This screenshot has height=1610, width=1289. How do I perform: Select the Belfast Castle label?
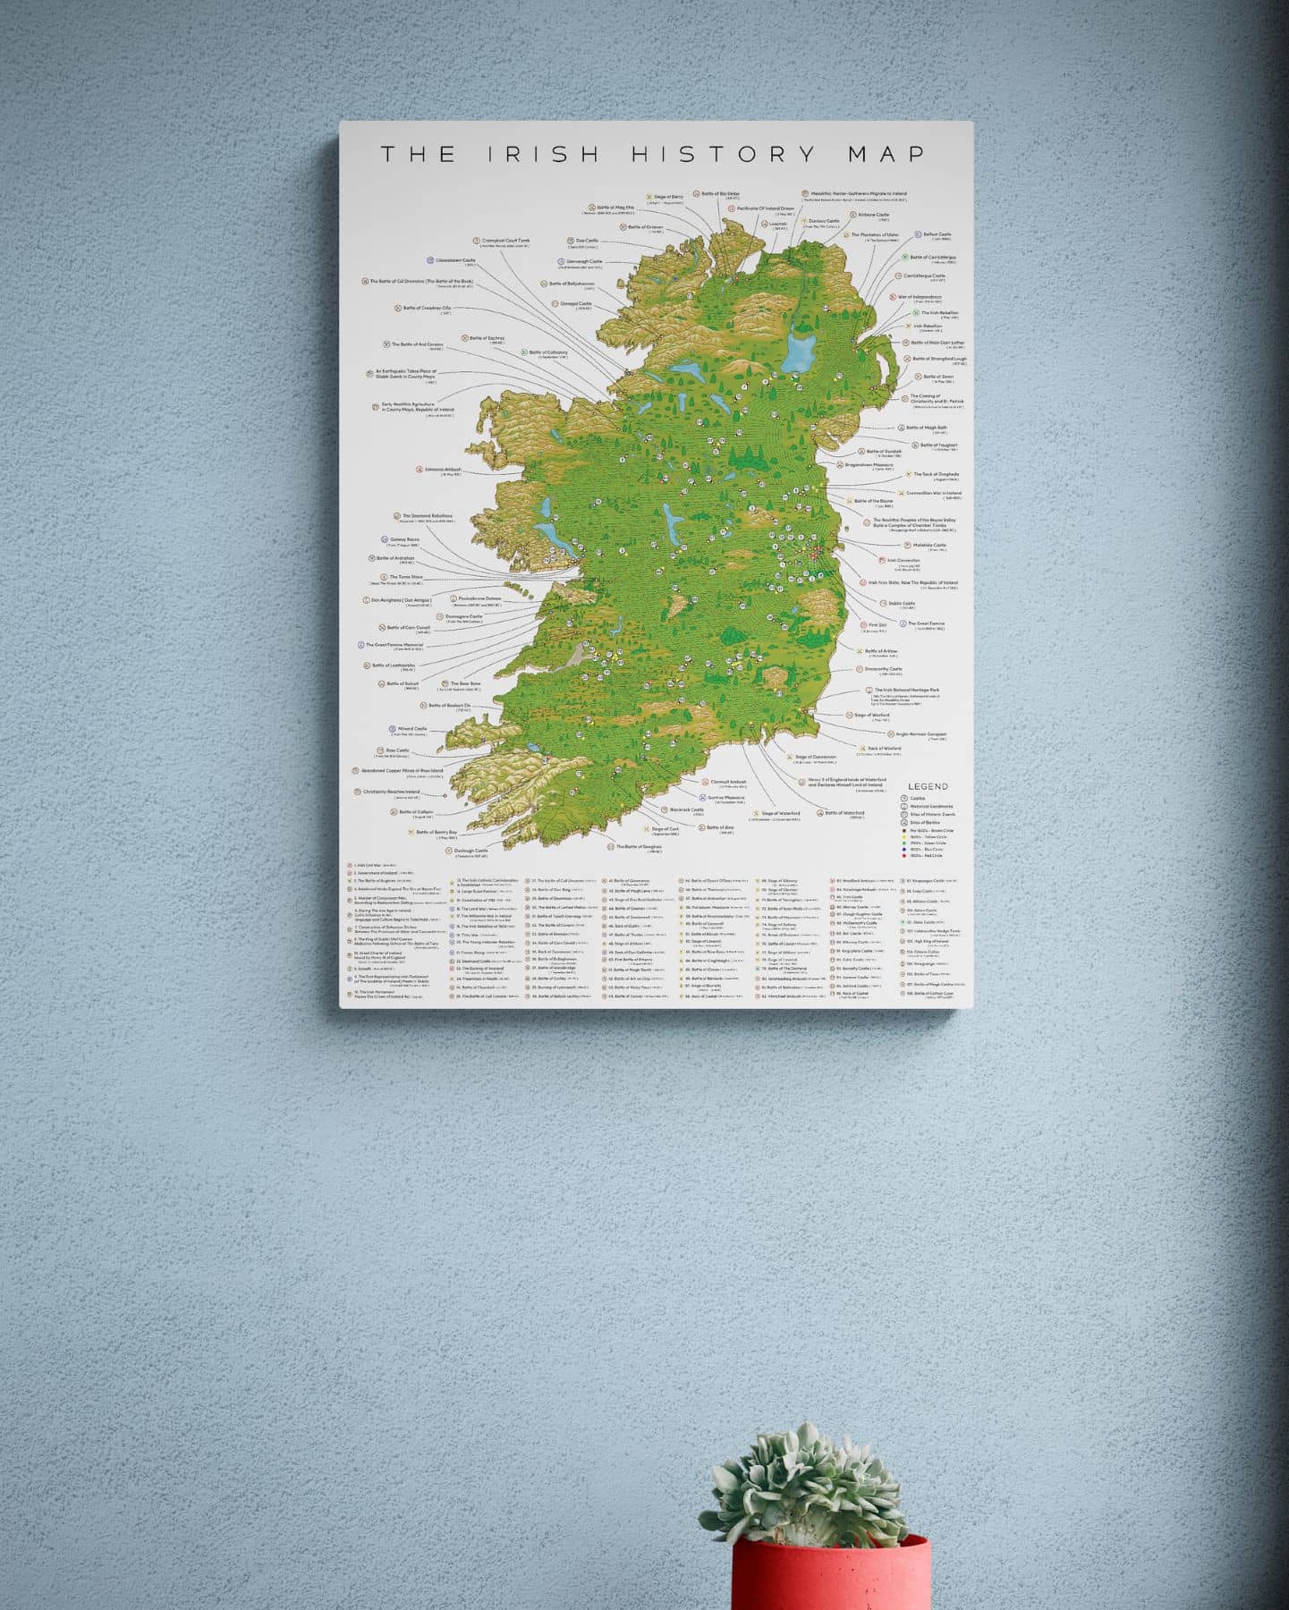pos(937,234)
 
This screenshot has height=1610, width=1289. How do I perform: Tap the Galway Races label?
pos(403,540)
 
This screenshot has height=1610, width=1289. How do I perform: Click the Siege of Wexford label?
pos(872,715)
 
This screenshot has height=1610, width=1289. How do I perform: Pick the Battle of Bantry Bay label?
pos(437,832)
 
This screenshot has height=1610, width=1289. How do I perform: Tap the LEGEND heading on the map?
pos(928,786)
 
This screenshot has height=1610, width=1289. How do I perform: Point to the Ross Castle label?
pos(396,750)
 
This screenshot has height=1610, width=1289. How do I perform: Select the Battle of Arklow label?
pos(880,651)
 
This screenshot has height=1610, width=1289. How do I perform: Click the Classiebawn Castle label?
pos(455,260)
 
